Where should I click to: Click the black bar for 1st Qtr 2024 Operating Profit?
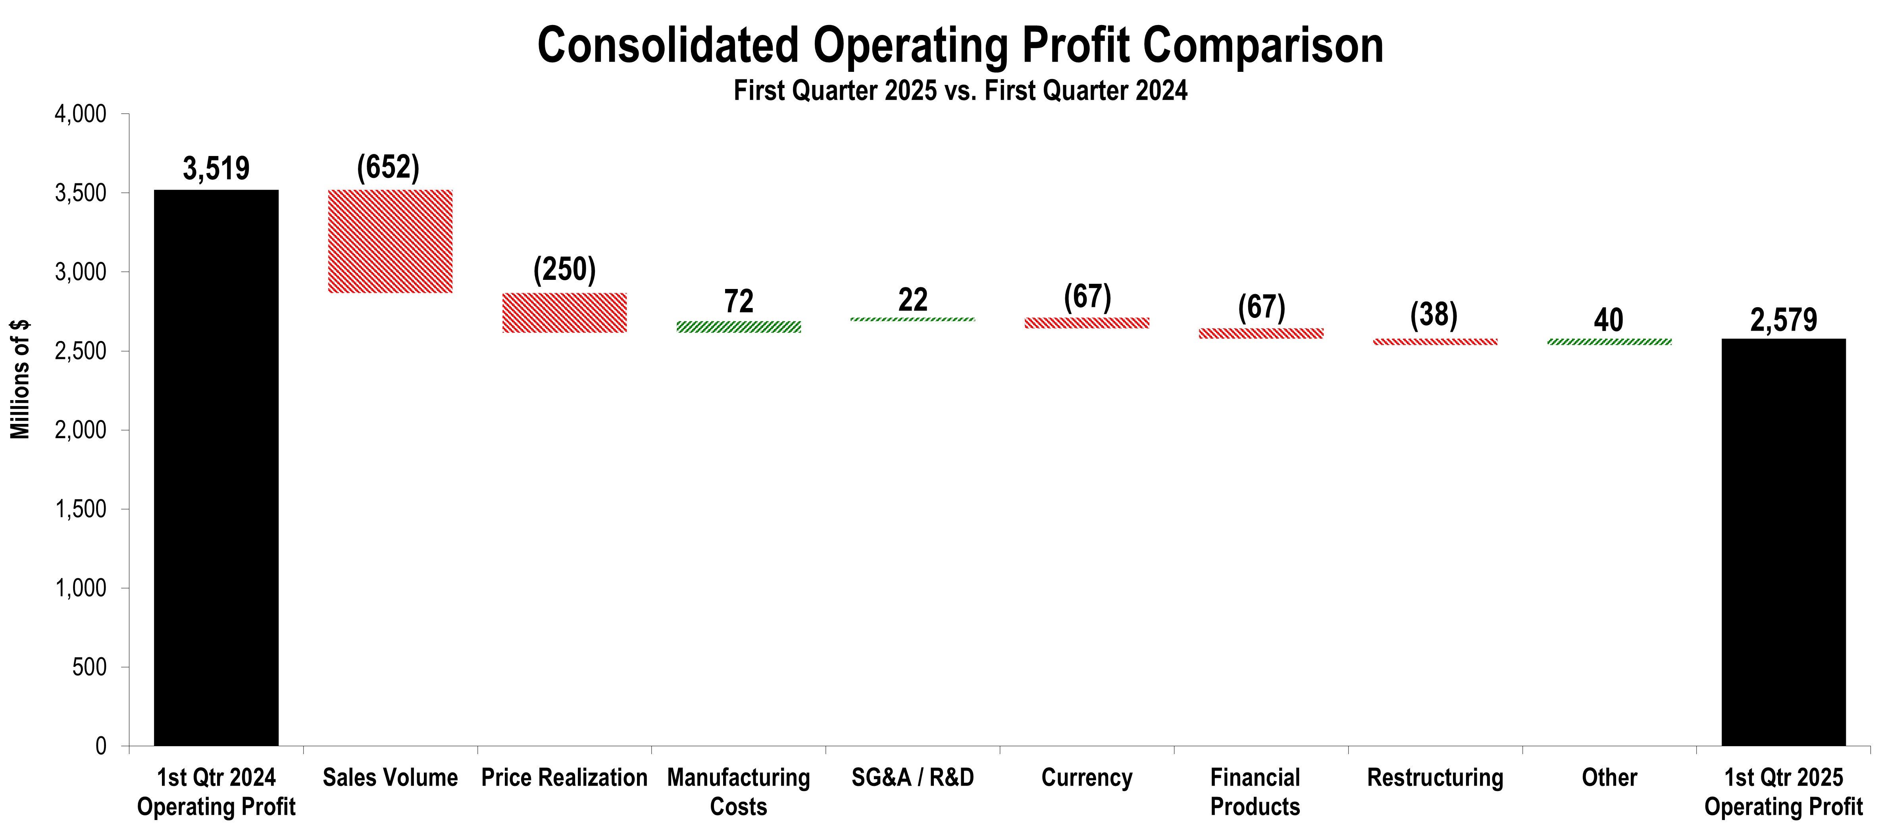tap(216, 468)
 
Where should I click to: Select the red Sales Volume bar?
tap(390, 241)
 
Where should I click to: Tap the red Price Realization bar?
tap(564, 313)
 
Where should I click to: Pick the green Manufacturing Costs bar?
tap(739, 327)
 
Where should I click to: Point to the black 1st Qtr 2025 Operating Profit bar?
tap(1783, 542)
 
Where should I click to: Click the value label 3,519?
tap(216, 169)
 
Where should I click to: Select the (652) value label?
tap(388, 167)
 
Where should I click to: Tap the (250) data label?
tap(564, 270)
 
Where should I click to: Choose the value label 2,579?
tap(1783, 320)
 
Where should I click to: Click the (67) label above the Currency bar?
tap(1087, 296)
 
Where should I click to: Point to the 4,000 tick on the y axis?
tap(80, 114)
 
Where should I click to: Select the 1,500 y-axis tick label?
tap(80, 509)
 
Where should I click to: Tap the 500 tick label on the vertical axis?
tap(89, 667)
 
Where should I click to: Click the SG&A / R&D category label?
tap(912, 777)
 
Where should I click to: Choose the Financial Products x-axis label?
tap(1255, 792)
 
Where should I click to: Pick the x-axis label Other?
tap(1609, 777)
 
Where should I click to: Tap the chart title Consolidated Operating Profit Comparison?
tap(960, 45)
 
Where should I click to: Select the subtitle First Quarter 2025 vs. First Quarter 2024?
tap(960, 90)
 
